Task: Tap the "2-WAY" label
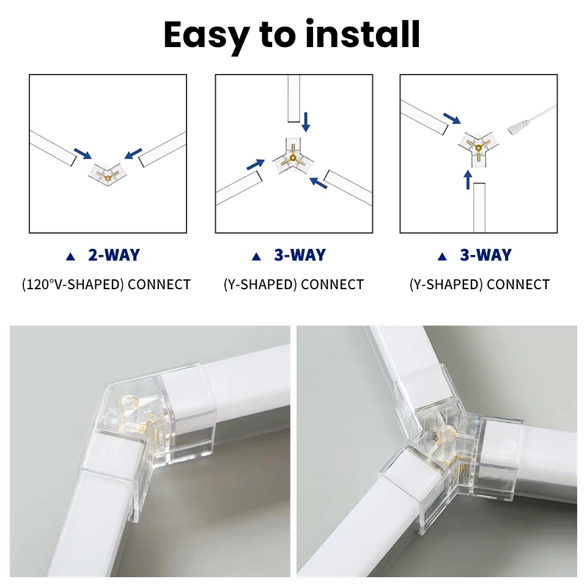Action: click(114, 255)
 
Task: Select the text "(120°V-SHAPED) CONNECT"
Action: click(106, 284)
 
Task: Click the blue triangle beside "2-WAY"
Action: click(70, 256)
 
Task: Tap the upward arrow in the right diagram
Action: click(468, 179)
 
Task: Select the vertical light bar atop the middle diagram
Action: click(293, 98)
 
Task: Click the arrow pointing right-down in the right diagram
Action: click(452, 118)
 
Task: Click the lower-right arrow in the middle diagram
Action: click(318, 182)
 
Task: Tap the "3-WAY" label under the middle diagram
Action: click(300, 255)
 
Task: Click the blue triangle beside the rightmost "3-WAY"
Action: click(442, 256)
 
